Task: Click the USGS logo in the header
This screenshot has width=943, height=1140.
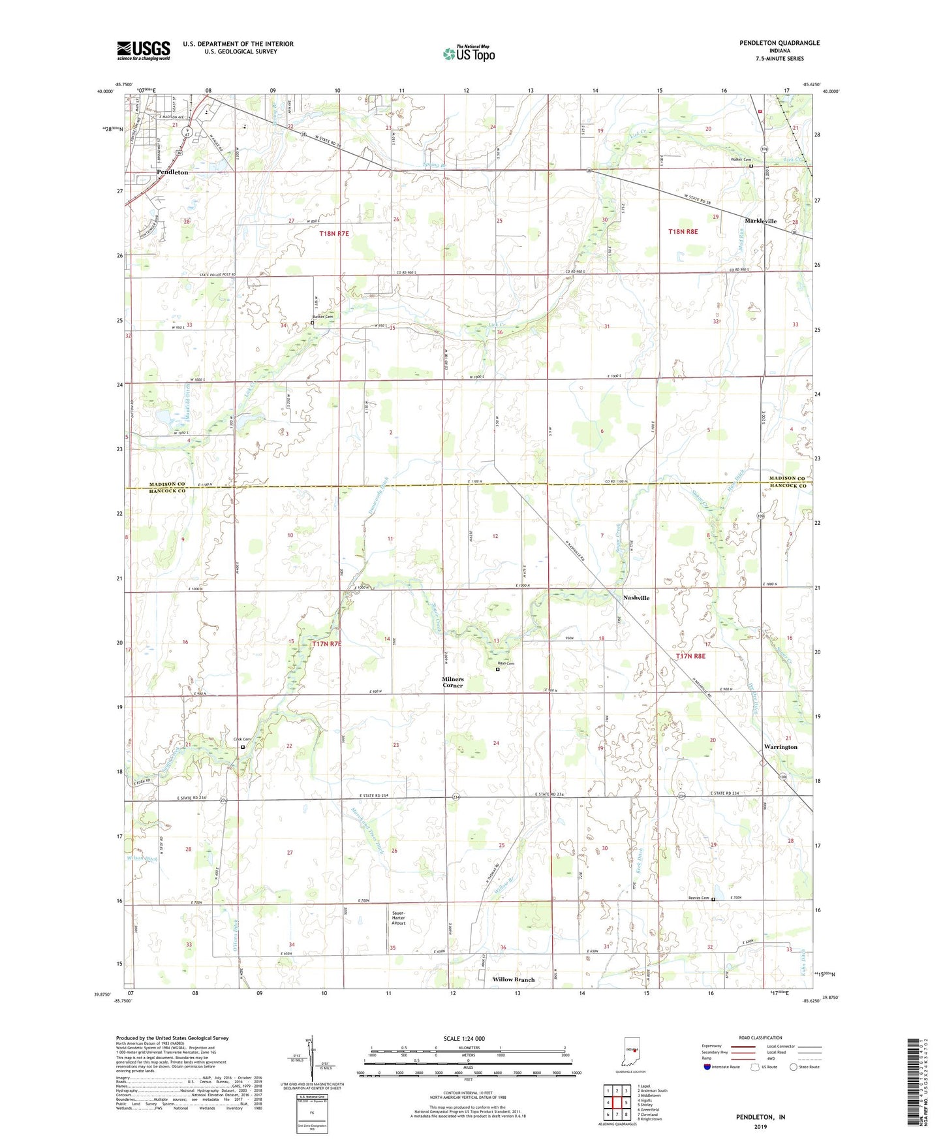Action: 144,50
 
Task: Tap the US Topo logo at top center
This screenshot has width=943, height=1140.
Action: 468,54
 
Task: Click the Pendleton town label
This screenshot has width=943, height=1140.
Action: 172,172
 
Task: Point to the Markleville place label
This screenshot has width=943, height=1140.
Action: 760,221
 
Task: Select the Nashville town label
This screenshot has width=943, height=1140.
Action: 636,598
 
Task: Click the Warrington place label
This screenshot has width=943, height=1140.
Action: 781,747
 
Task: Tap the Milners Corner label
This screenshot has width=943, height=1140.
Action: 452,682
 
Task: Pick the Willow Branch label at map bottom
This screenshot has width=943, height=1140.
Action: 514,979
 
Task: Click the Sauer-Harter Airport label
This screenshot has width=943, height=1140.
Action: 398,918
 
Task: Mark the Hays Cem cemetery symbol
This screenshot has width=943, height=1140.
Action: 498,670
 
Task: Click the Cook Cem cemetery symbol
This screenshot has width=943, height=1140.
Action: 243,747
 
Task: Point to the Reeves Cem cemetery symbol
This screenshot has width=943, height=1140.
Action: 713,900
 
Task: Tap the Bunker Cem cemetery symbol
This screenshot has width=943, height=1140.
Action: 312,323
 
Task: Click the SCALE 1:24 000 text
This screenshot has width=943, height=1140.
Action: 464,1039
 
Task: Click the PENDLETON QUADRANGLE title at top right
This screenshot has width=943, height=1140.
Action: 779,43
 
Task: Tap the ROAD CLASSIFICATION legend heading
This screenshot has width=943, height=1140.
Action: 761,1037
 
